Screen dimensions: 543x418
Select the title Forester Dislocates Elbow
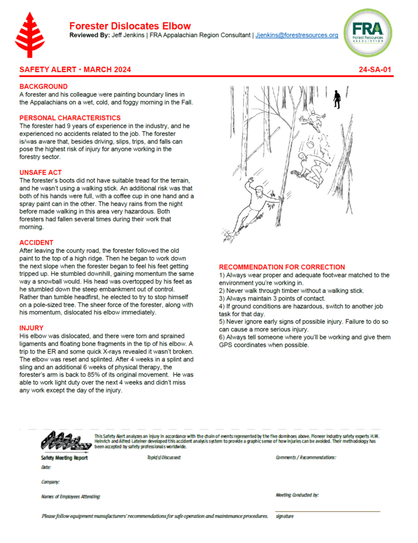coord(130,26)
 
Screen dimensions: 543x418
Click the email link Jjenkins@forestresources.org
coord(297,36)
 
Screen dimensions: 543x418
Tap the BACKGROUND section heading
coord(43,86)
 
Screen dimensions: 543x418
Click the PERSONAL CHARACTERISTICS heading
coord(70,118)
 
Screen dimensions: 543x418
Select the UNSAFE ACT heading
coord(41,172)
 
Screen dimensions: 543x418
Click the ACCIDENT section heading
coord(37,242)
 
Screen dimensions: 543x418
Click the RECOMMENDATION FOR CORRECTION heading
coord(282,267)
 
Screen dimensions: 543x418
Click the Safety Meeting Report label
coord(64,458)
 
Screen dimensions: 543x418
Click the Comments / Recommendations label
coord(306,457)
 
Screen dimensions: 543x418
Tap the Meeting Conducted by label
coord(297,495)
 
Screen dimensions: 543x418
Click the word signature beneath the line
coord(285,516)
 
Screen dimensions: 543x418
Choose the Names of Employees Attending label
coord(71,497)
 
